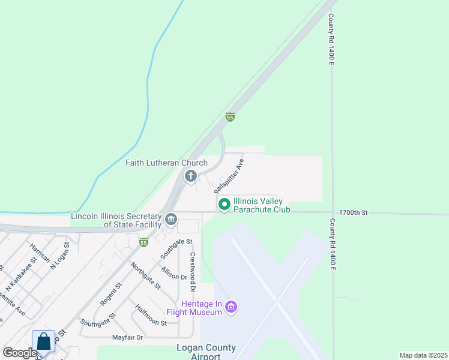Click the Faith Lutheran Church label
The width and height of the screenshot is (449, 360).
pos(166,163)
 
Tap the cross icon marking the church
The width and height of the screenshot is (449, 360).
pos(191,176)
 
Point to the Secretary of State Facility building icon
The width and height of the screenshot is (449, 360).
pos(171,220)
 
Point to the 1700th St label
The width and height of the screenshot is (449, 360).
pos(353,212)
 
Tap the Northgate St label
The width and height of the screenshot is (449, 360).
pos(146,276)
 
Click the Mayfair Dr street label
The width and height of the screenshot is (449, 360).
pos(128,337)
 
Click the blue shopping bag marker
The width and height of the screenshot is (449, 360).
pos(44,341)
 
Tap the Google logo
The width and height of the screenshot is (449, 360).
pos(20,353)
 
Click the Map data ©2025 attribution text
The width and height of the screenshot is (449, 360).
pos(423,355)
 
